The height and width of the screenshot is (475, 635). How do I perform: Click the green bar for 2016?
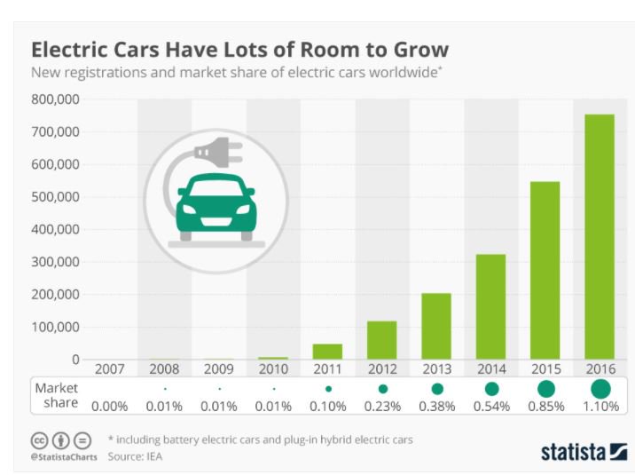tap(600, 237)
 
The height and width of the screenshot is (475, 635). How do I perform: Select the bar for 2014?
tap(491, 307)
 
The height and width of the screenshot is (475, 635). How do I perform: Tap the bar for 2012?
tap(381, 340)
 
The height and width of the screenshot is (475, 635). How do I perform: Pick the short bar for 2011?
tap(327, 352)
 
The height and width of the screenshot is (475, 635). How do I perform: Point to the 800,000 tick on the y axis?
tap(56, 99)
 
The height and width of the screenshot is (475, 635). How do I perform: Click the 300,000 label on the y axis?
tap(56, 262)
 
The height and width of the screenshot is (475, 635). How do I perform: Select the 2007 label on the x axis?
tap(109, 369)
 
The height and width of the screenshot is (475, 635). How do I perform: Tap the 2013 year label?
tap(436, 369)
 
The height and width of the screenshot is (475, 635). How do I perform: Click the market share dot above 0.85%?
tap(546, 389)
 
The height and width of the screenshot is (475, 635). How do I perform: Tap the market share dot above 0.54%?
tap(491, 389)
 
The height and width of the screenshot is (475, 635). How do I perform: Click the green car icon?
tap(216, 207)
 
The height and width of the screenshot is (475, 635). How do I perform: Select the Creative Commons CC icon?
tap(39, 440)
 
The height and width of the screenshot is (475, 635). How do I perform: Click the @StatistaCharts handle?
tap(63, 457)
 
